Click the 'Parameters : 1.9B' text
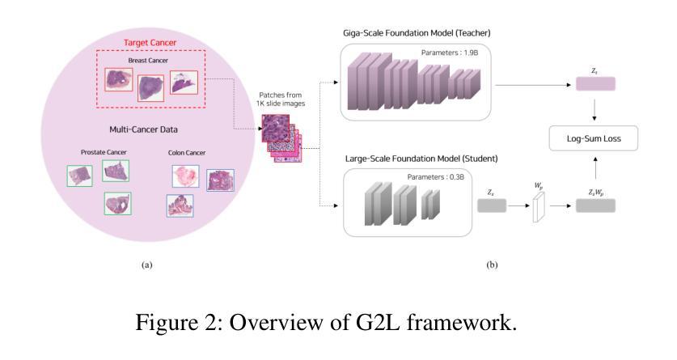[450, 53]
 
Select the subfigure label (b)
[492, 265]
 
